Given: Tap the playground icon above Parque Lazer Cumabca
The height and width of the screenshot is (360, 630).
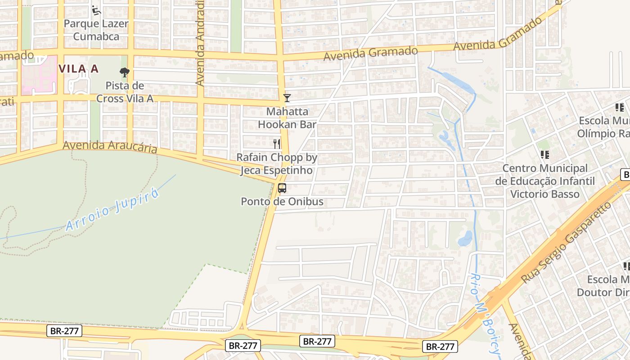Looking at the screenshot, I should click(95, 9).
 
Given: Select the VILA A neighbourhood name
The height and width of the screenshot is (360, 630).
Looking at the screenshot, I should click(78, 69).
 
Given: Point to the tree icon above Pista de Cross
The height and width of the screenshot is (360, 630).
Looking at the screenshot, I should click(125, 72).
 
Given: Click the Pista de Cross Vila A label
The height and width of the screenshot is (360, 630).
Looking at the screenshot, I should click(125, 92).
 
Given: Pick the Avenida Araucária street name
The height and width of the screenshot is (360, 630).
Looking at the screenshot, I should click(110, 147).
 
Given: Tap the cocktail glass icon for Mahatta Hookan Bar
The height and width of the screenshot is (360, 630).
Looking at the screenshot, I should click(287, 98).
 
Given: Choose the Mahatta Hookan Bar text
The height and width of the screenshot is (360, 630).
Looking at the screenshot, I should click(287, 118).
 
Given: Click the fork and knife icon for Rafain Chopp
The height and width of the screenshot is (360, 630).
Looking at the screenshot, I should click(277, 144).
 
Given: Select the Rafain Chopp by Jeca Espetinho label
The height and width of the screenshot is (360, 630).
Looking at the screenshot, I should click(277, 164).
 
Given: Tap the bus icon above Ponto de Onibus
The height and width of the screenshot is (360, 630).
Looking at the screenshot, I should click(282, 188).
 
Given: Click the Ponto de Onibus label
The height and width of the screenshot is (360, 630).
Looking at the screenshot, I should click(282, 202).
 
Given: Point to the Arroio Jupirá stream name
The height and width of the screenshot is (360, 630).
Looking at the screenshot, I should click(112, 210).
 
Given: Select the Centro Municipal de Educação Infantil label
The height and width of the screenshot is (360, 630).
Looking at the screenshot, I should click(545, 181).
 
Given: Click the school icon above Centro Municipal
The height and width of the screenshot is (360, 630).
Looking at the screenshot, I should click(545, 155).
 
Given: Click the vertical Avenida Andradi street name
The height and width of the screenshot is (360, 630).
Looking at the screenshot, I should click(200, 43).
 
